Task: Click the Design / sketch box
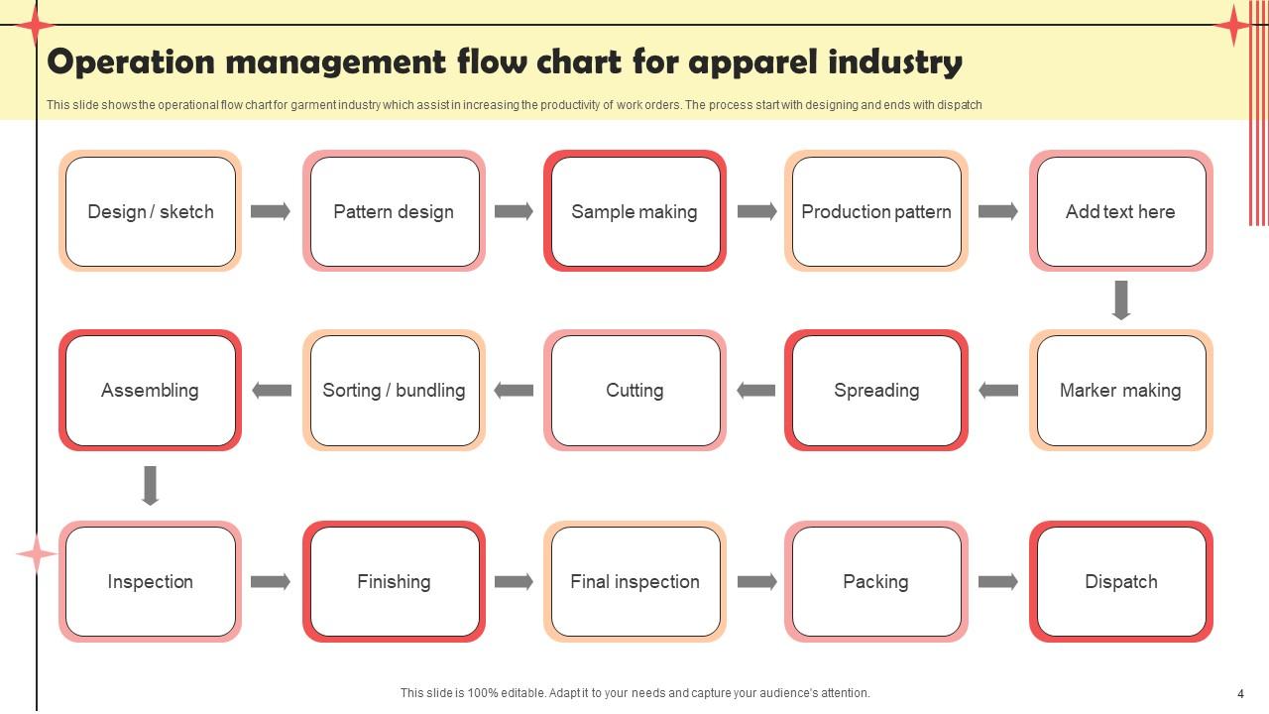150,211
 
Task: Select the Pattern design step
394,211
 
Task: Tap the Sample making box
634,211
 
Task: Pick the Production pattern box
876,211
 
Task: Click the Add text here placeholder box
1120,211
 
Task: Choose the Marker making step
1120,390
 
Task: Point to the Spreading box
876,390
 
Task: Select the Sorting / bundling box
394,390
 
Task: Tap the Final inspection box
634,581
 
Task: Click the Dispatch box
1120,581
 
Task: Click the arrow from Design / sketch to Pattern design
270,211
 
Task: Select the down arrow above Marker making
1121,299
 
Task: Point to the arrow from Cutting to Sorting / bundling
514,390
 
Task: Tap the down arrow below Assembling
150,486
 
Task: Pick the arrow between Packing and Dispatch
998,581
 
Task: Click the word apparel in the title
752,62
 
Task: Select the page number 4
1240,694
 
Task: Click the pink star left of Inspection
37,554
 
